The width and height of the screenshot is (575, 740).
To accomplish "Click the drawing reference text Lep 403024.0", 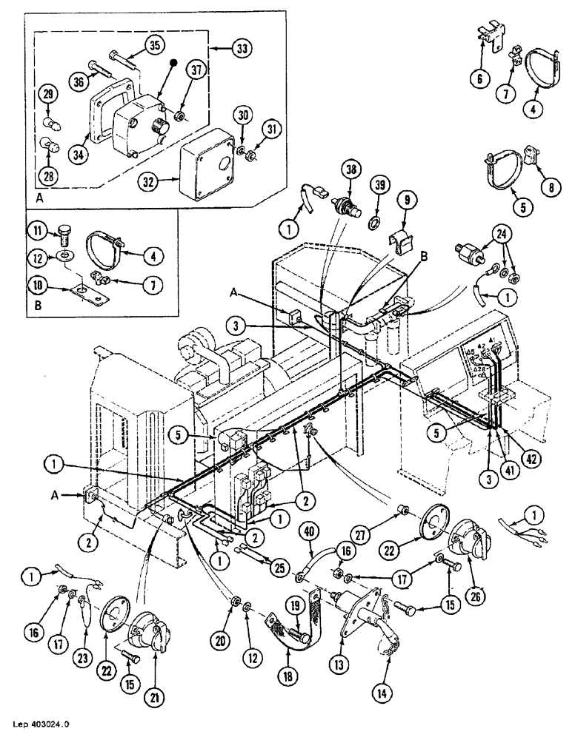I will point(41,729).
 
